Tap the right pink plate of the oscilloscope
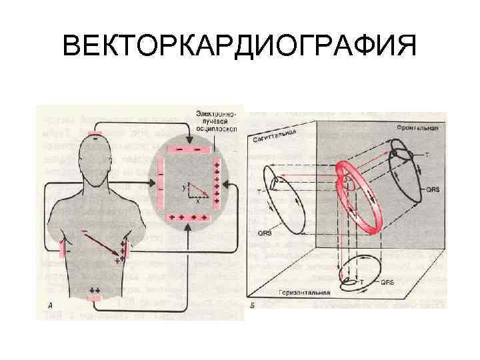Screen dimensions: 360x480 (217, 183)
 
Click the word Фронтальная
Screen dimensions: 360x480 (416, 129)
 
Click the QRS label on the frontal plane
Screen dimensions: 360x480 (432, 189)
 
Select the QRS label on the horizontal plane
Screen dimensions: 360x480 (387, 282)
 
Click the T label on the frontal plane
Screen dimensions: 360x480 (427, 155)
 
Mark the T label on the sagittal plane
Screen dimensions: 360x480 (259, 191)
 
